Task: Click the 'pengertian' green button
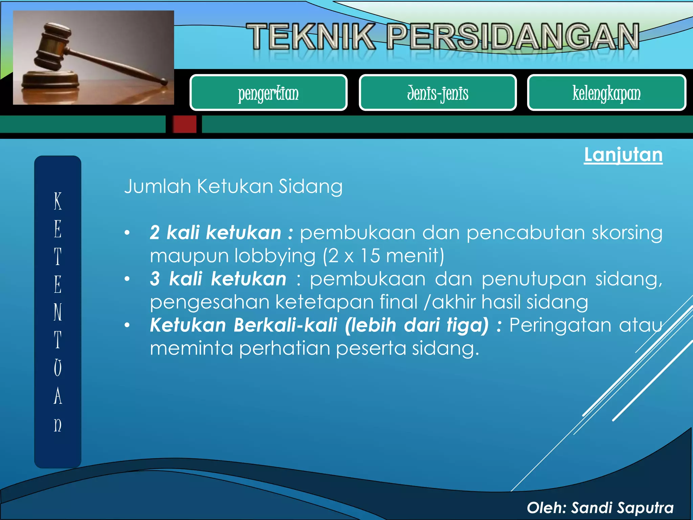(268, 93)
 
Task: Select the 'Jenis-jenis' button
(438, 93)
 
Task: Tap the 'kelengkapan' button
(606, 93)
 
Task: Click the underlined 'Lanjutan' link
(623, 155)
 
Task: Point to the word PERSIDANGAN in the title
(513, 37)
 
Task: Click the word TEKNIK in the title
(311, 37)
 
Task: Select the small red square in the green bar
(184, 124)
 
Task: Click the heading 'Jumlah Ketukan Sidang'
(233, 187)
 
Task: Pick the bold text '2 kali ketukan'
(216, 233)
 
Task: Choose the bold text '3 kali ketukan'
(218, 279)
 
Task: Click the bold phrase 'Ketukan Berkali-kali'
(244, 325)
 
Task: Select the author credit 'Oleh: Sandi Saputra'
(600, 508)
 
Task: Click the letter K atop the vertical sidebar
(58, 201)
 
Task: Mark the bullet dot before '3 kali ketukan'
(127, 279)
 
